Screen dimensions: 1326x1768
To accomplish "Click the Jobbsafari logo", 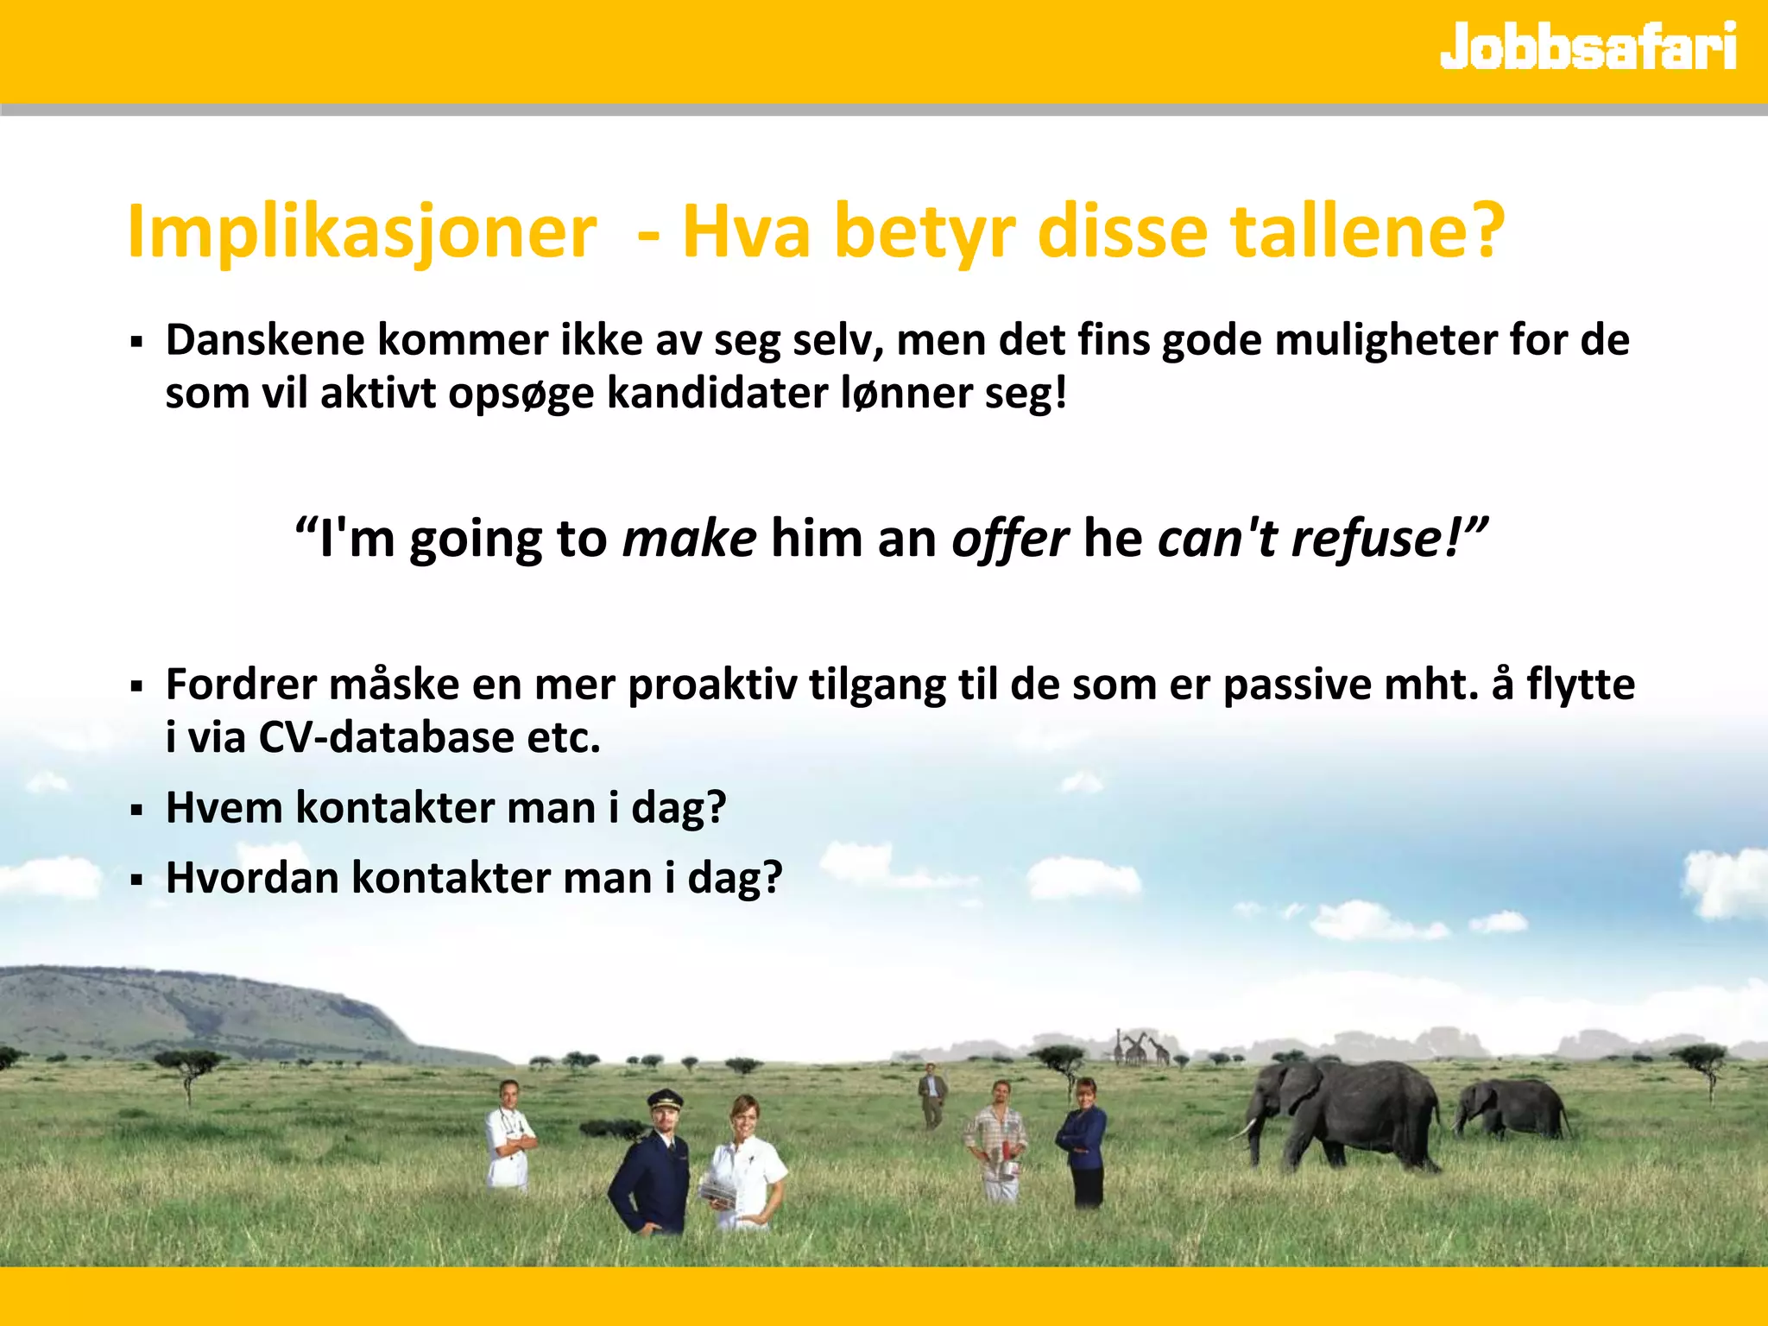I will coord(1588,47).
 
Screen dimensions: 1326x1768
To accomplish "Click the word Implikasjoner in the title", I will coord(362,231).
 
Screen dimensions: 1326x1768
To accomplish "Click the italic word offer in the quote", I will coord(1009,540).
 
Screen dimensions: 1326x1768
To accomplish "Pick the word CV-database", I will coord(386,737).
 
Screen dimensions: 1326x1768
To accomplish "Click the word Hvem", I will coord(224,808).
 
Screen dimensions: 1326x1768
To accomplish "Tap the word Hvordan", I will coord(252,878).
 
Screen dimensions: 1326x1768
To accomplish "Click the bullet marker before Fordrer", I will coord(136,688).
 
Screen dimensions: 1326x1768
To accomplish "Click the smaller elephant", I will coord(1512,1109).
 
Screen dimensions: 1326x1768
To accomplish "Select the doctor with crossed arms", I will coord(509,1135).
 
